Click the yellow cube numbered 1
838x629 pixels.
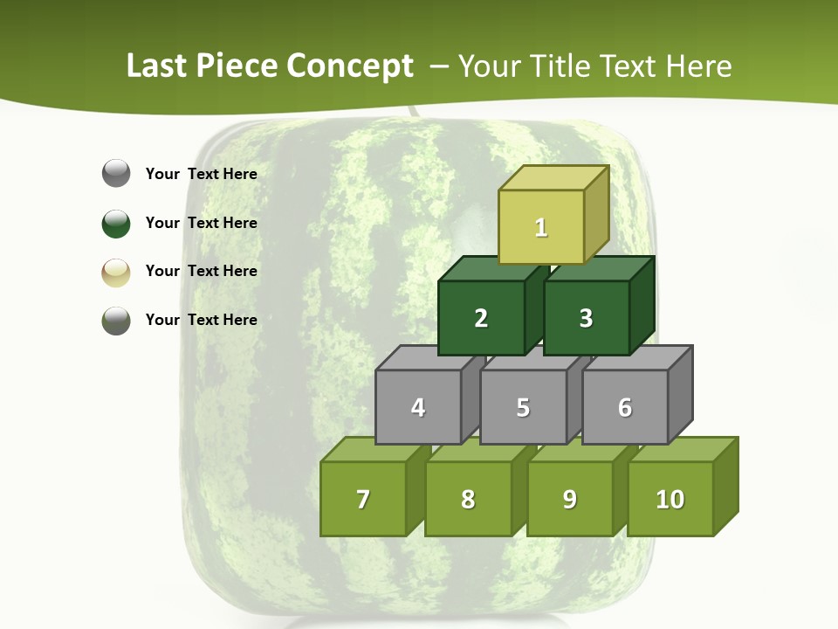[541, 227]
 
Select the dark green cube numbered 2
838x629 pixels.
[481, 318]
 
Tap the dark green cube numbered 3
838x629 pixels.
[586, 318]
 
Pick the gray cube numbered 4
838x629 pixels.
[418, 407]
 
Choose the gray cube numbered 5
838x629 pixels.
[523, 407]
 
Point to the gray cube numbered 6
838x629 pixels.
[625, 407]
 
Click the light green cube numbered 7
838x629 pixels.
[363, 499]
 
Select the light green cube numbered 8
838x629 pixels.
[468, 499]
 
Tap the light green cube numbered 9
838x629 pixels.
[569, 499]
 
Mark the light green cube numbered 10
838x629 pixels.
[670, 499]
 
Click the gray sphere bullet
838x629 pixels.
[116, 174]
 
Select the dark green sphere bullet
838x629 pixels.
[116, 223]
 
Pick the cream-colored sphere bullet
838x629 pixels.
[116, 272]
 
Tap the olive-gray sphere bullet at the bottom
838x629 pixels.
[116, 320]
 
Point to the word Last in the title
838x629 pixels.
[157, 66]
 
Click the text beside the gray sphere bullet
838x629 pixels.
[201, 174]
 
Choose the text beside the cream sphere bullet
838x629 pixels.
[201, 271]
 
